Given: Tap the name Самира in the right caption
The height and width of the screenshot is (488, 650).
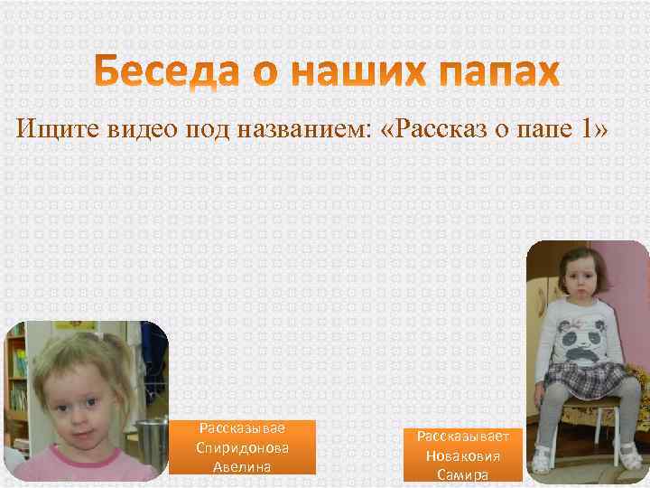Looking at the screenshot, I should [463, 474].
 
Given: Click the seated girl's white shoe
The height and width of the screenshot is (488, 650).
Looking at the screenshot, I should [542, 462].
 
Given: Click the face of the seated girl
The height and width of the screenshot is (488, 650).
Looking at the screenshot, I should [574, 275].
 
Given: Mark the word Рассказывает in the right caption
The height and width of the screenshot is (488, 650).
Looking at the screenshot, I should [463, 436].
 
